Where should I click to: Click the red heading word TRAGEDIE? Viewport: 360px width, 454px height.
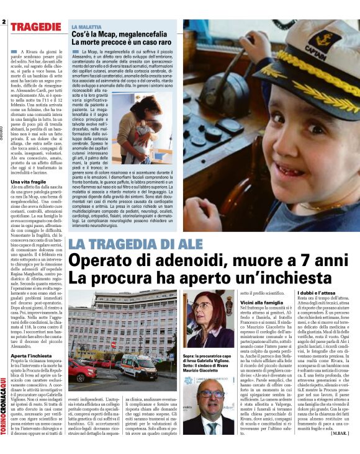(x=35, y=27)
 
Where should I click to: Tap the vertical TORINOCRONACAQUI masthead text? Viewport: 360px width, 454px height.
(x=5, y=403)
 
